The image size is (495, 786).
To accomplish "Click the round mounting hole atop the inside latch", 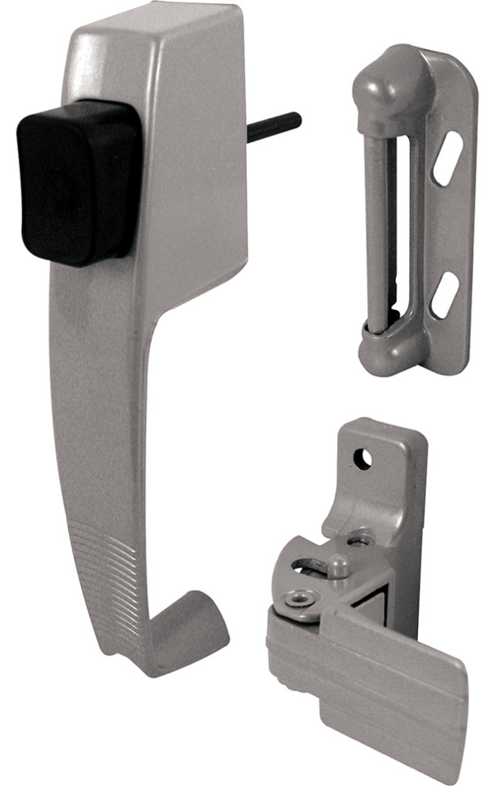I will pos(363,459).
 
